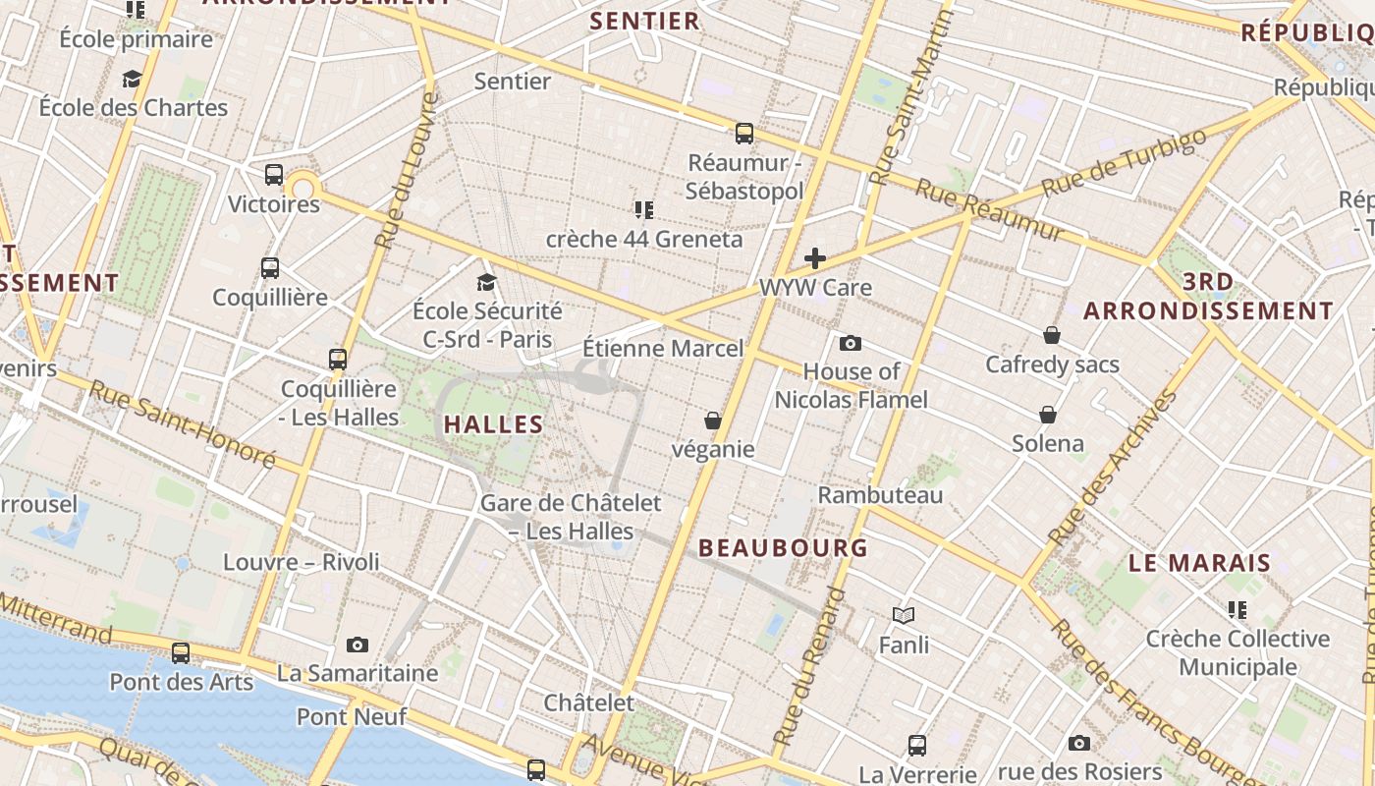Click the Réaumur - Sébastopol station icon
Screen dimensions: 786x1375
point(744,133)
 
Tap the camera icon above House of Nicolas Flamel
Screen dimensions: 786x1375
point(851,343)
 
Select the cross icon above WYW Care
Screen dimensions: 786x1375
point(815,258)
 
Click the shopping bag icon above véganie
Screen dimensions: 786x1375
point(713,421)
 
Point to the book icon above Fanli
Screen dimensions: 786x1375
point(904,615)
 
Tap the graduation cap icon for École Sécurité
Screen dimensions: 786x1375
point(486,283)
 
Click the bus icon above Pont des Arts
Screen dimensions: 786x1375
point(181,652)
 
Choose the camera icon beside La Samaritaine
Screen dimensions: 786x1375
point(357,645)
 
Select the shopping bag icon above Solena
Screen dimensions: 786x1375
point(1048,415)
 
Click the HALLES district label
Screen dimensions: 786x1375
point(493,424)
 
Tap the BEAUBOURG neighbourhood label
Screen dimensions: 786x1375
point(783,548)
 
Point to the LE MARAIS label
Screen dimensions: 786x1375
point(1199,564)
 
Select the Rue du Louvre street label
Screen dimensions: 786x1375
point(405,169)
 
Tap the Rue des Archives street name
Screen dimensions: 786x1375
point(1113,468)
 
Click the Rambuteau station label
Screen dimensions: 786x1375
point(880,495)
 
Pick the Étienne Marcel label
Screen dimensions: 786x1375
point(663,349)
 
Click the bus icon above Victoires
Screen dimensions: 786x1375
point(274,175)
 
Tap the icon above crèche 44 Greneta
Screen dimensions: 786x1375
point(644,209)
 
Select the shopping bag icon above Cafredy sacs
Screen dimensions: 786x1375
point(1052,335)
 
